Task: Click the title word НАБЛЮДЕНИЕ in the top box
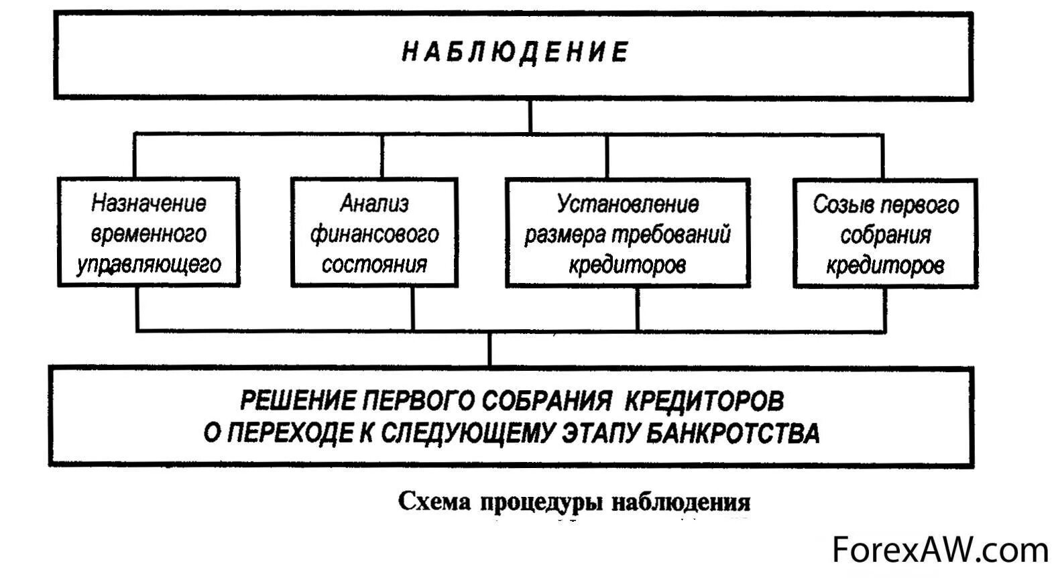pyautogui.click(x=515, y=52)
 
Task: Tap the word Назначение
pyautogui.click(x=149, y=203)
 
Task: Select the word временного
pyautogui.click(x=149, y=233)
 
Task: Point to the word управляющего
pyautogui.click(x=149, y=264)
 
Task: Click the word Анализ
pyautogui.click(x=374, y=203)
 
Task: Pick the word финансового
pyautogui.click(x=374, y=234)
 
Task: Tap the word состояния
pyautogui.click(x=374, y=264)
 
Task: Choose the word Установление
pyautogui.click(x=628, y=203)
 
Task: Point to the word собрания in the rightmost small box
pyautogui.click(x=886, y=235)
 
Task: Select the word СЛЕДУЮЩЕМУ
pyautogui.click(x=468, y=433)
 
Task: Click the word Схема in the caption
pyautogui.click(x=434, y=502)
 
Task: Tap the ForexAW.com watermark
pyautogui.click(x=940, y=550)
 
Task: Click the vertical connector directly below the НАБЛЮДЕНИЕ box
pyautogui.click(x=530, y=116)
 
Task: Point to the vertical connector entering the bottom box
pyautogui.click(x=490, y=349)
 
